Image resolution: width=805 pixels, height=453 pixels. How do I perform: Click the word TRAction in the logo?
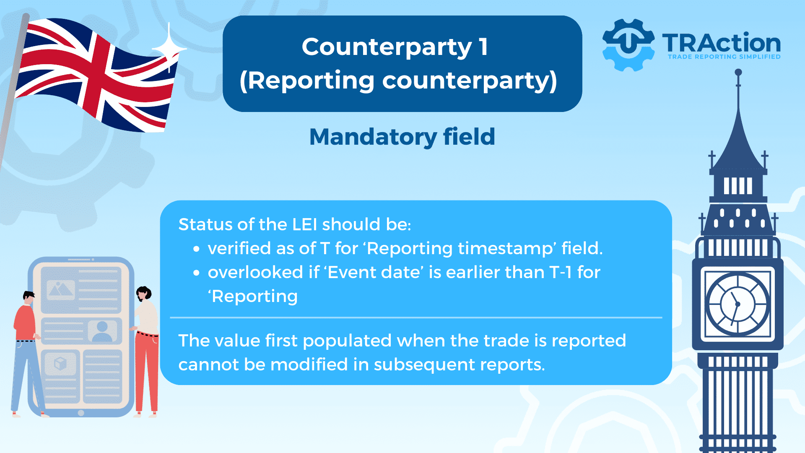pyautogui.click(x=721, y=43)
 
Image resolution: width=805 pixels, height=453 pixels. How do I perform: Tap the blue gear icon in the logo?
pyautogui.click(x=628, y=44)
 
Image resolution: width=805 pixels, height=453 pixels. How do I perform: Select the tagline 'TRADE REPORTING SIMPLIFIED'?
pyautogui.click(x=724, y=57)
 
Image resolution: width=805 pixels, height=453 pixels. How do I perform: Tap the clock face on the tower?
pyautogui.click(x=737, y=304)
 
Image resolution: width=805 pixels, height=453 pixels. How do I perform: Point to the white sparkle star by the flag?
pyautogui.click(x=169, y=48)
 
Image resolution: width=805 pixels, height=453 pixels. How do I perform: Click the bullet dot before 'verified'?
pyautogui.click(x=196, y=249)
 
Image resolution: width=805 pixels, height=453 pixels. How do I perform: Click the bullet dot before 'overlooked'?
pyautogui.click(x=196, y=273)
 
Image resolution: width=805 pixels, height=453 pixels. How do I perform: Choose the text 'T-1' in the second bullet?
pyautogui.click(x=561, y=273)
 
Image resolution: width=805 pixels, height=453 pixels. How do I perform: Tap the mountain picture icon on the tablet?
pyautogui.click(x=61, y=289)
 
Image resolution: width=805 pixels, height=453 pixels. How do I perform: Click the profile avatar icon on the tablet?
pyautogui.click(x=102, y=331)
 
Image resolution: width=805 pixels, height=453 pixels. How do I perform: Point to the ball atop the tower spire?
pyautogui.click(x=738, y=73)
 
